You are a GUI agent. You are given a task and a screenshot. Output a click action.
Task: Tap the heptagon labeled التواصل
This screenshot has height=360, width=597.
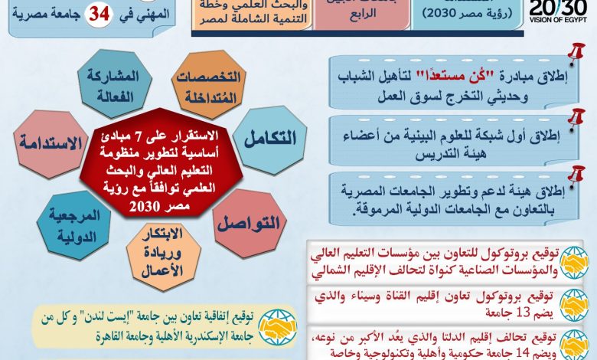250,223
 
